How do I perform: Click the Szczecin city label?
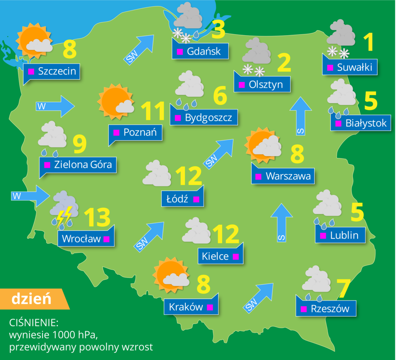coord(52,71)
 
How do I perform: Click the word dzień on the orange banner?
coord(31,299)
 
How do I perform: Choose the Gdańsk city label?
coord(200,51)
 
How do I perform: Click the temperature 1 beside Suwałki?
coord(368,42)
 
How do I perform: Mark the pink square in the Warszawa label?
coord(258,177)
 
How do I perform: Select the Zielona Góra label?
coord(78,165)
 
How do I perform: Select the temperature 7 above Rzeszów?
coord(342,288)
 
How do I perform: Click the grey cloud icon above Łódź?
coord(157,174)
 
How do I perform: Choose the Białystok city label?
coord(361,123)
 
